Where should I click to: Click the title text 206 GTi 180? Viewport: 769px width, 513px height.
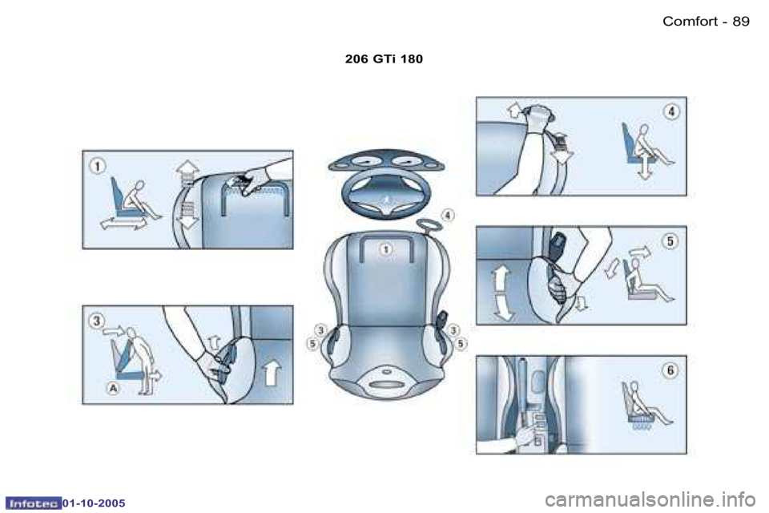[384, 59]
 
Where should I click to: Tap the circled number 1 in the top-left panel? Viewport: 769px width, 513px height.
[96, 167]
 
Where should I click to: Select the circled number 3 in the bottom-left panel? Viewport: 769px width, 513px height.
[96, 321]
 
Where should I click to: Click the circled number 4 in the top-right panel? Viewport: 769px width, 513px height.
[670, 112]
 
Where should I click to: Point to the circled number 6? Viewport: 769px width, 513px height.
[670, 370]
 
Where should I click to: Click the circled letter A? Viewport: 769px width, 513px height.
[114, 387]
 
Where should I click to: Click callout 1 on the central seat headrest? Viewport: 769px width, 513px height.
[385, 250]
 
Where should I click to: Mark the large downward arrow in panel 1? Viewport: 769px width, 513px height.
[187, 214]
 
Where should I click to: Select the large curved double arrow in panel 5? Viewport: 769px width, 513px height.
[502, 293]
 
